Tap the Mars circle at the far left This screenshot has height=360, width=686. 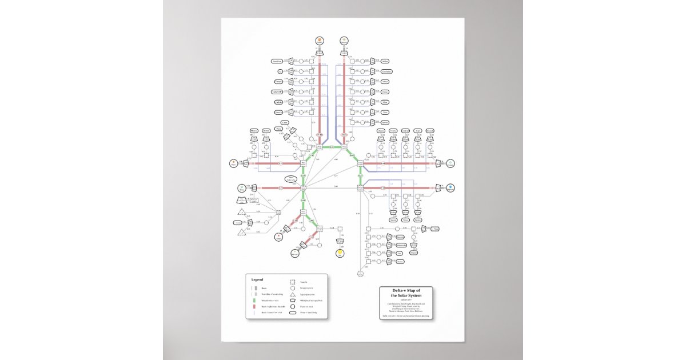pos(233,164)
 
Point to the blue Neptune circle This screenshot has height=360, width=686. pos(451,187)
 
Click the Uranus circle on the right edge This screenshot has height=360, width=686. pos(450,164)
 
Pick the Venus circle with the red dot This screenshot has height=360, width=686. pos(279,235)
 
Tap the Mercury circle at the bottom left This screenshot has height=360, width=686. pos(295,253)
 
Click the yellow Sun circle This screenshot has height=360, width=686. pos(340,252)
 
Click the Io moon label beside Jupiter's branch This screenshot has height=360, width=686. pos(280,71)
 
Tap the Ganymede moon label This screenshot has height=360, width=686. pos(277,91)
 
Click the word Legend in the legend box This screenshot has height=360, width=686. pos(257,279)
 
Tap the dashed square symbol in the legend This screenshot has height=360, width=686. pos(292,282)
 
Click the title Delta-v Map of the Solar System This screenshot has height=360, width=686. pos(409,293)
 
